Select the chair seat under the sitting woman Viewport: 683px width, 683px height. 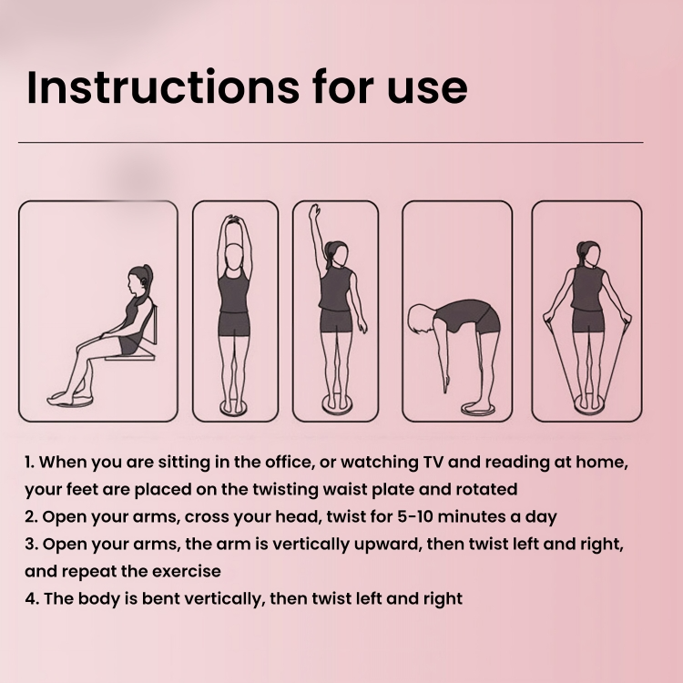click(x=130, y=357)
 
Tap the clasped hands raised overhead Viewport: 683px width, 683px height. click(x=234, y=219)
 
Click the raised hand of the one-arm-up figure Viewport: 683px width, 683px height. click(x=314, y=211)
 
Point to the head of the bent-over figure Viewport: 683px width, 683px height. click(x=420, y=319)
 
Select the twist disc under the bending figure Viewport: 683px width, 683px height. click(x=476, y=409)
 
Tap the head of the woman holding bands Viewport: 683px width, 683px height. click(x=588, y=254)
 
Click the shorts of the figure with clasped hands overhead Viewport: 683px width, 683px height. click(x=234, y=324)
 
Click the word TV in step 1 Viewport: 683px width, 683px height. click(x=433, y=462)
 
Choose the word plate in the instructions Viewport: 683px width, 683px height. click(x=392, y=490)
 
